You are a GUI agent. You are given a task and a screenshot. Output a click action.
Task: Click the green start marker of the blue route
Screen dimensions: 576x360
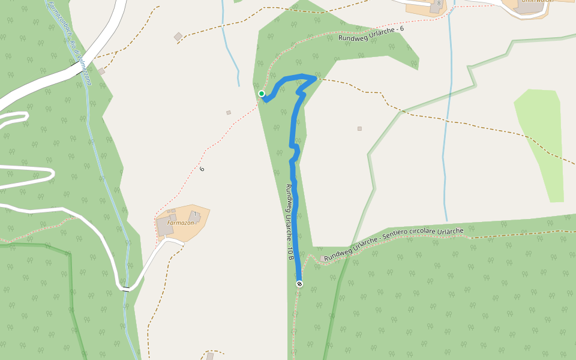[262, 94]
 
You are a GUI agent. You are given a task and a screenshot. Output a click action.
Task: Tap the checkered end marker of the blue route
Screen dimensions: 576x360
[299, 284]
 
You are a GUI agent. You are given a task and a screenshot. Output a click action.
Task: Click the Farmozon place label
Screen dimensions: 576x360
[181, 223]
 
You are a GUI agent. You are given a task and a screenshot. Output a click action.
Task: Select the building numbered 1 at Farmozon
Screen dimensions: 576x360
[194, 215]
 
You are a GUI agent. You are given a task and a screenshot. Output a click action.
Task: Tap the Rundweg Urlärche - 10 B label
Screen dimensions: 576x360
[290, 222]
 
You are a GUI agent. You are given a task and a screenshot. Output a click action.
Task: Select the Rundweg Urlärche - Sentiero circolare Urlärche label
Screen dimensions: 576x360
[394, 244]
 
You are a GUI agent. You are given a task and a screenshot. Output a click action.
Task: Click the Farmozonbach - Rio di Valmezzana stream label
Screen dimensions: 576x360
[70, 42]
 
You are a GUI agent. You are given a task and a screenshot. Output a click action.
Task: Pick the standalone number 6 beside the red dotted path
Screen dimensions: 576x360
[202, 169]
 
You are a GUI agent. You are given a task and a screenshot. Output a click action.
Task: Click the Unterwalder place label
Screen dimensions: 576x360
[536, 2]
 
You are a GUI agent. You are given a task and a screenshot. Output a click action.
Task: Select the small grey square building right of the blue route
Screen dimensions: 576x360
[359, 128]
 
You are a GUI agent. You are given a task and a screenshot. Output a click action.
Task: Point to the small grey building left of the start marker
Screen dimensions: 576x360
[228, 112]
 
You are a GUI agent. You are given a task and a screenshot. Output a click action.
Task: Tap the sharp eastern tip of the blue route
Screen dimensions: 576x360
[315, 78]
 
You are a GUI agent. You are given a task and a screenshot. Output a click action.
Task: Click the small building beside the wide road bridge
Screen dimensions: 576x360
[101, 71]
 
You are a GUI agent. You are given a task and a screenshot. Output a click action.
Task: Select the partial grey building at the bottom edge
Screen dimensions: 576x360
[210, 356]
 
